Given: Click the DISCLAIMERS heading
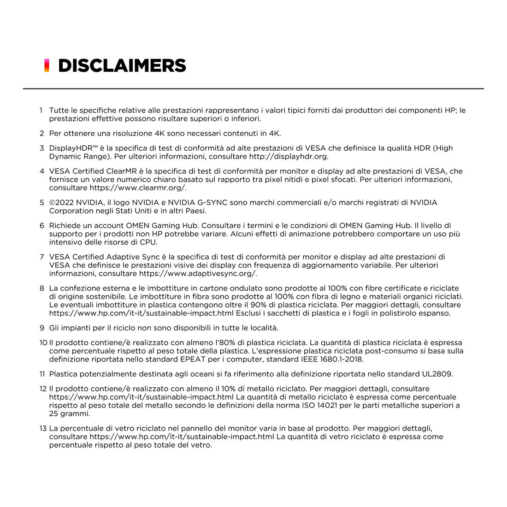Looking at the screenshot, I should (x=122, y=65).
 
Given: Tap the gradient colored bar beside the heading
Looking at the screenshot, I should (x=47, y=65).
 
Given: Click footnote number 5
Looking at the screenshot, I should (x=42, y=202).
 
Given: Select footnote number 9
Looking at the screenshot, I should (x=42, y=328).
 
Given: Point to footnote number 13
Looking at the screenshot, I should (x=43, y=428).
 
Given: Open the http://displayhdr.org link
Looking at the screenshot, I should (x=288, y=156).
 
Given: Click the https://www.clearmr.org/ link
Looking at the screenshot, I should (x=137, y=188).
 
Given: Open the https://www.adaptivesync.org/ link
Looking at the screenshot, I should (x=198, y=273).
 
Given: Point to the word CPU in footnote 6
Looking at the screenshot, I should (x=147, y=242).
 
